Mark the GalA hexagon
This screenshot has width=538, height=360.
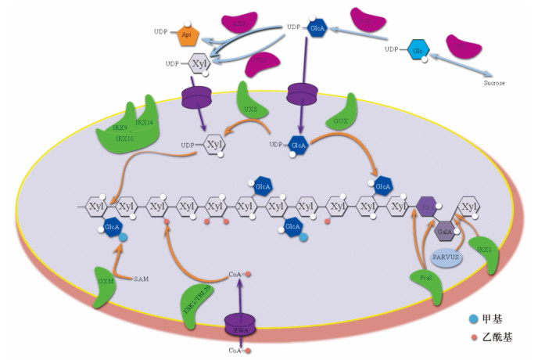point(444,232)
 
